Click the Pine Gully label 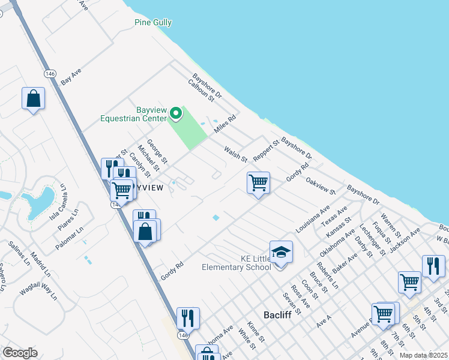click(152, 23)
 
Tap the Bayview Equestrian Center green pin click(175, 113)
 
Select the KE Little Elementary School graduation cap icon click(280, 253)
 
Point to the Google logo click(20, 353)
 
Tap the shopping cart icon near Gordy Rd click(258, 182)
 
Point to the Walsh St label click(235, 154)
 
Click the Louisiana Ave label click(313, 220)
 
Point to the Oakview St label click(321, 185)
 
